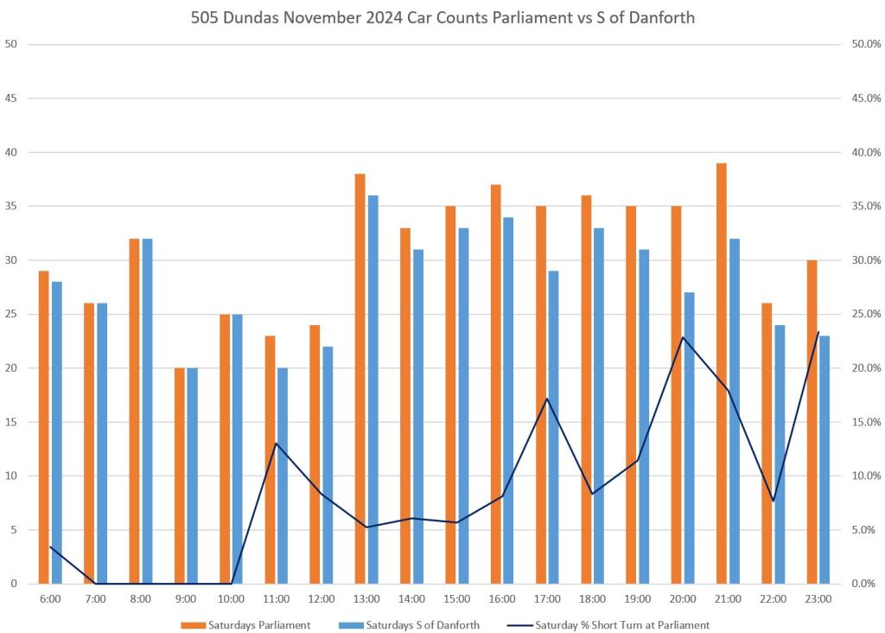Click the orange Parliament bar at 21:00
721,373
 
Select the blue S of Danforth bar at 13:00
372,389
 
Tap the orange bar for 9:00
180,476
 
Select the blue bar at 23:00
825,459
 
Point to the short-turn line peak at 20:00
683,337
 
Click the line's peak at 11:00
276,444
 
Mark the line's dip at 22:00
774,501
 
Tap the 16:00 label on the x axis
501,598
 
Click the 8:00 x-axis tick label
141,598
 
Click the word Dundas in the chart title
250,17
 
